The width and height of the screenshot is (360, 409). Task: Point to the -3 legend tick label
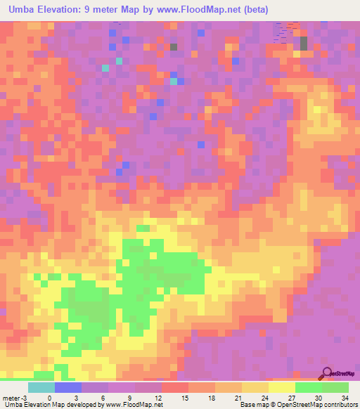coord(26,396)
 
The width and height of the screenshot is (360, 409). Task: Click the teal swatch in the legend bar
coord(41,387)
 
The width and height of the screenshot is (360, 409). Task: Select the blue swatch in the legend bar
coord(68,387)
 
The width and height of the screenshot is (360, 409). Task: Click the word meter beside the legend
coord(12,396)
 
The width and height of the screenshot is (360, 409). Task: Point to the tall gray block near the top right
coord(304,43)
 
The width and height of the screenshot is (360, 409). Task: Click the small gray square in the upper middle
coord(173,47)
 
